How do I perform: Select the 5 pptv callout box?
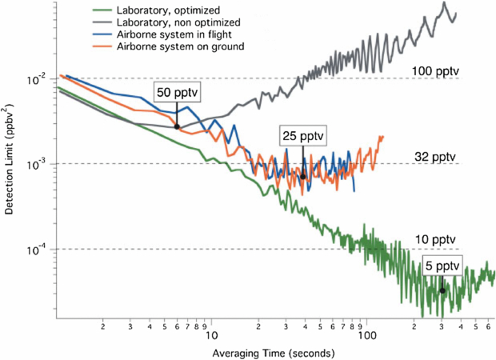click(x=441, y=264)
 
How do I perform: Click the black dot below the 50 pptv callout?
click(x=177, y=126)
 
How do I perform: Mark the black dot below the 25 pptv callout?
click(x=303, y=177)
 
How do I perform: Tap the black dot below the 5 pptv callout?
click(x=442, y=290)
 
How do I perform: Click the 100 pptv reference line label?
click(x=435, y=71)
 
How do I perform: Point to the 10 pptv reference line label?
click(x=436, y=240)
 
